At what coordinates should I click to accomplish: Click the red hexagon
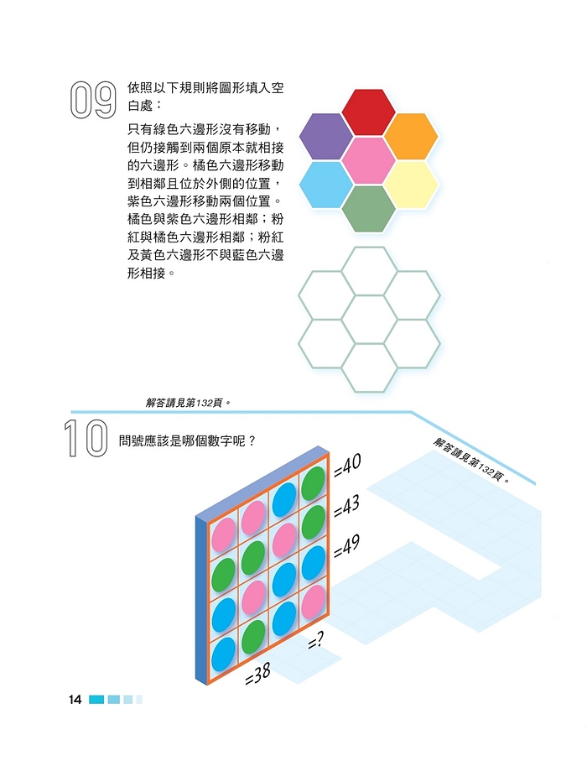click(x=368, y=112)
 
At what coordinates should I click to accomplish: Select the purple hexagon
click(x=325, y=136)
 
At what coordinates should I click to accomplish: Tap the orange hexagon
click(x=411, y=136)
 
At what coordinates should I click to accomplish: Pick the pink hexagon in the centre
click(x=368, y=160)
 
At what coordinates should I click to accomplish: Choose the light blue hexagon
click(x=325, y=185)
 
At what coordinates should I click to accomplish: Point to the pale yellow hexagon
click(x=411, y=185)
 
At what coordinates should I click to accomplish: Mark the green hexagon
click(x=368, y=209)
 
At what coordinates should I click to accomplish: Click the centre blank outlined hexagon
click(x=369, y=319)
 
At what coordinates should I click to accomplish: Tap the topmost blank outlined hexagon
click(x=369, y=271)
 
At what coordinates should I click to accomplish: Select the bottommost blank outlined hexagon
click(x=369, y=367)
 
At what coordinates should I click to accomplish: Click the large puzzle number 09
click(x=93, y=100)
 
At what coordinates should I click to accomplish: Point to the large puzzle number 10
click(x=86, y=438)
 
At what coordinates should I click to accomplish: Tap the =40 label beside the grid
click(x=347, y=465)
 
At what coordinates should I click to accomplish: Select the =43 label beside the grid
click(x=346, y=506)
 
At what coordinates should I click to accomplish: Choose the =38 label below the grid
click(x=257, y=675)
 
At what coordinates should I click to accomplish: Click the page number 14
click(x=75, y=700)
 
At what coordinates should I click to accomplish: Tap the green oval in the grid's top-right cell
click(x=313, y=482)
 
